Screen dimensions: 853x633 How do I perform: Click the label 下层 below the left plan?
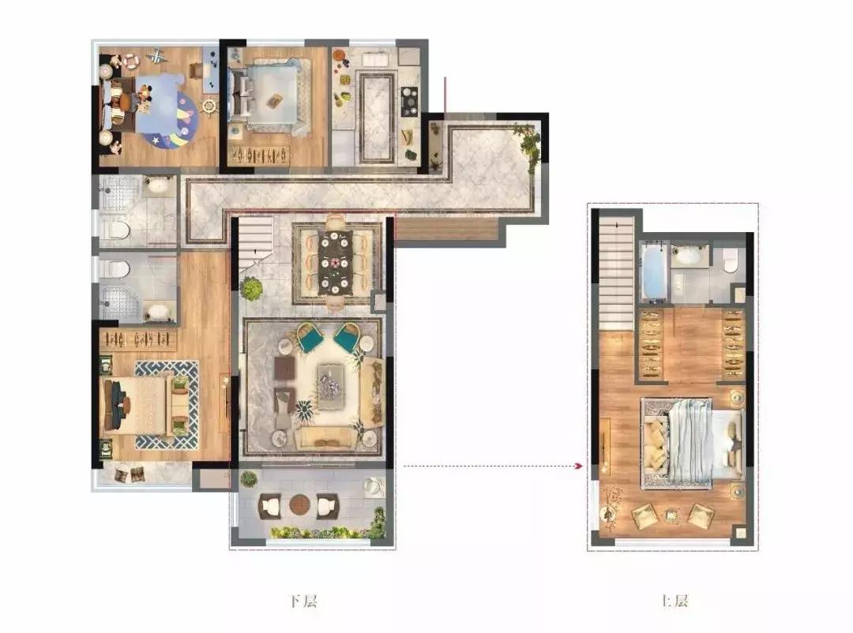tap(302, 601)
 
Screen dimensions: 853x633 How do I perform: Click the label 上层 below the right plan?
tap(674, 601)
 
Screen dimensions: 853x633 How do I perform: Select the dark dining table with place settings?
tap(336, 263)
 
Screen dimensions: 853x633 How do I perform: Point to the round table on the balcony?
tap(299, 505)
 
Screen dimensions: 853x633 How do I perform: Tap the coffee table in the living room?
tap(330, 387)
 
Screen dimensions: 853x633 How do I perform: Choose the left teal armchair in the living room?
tap(310, 337)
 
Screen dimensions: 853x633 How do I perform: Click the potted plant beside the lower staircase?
tap(251, 288)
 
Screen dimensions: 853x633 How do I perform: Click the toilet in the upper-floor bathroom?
tap(731, 261)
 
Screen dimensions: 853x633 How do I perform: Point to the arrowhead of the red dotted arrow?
tap(580, 466)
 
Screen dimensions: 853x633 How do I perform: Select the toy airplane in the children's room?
tap(156, 56)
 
